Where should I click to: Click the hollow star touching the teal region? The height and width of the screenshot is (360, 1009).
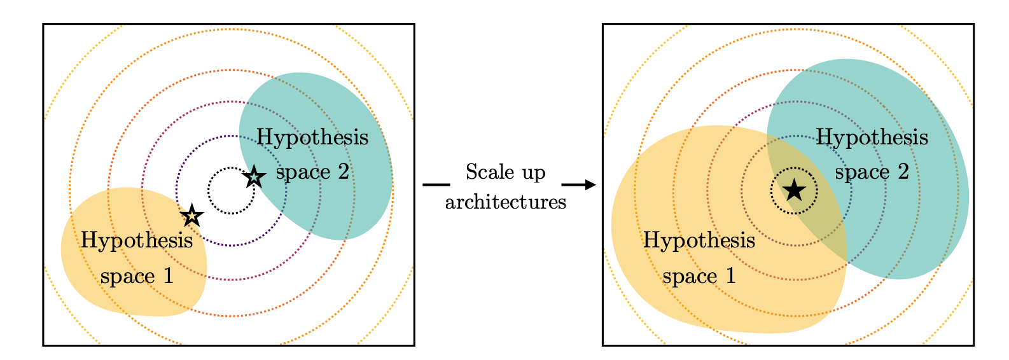pyautogui.click(x=254, y=177)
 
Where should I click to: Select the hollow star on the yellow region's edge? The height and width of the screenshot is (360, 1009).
pyautogui.click(x=191, y=216)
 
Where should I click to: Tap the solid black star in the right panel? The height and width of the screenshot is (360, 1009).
pyautogui.click(x=794, y=190)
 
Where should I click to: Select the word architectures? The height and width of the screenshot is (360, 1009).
pyautogui.click(x=506, y=202)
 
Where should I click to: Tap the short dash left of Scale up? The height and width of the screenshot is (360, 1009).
pyautogui.click(x=436, y=185)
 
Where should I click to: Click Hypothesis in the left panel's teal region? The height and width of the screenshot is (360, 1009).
pyautogui.click(x=312, y=137)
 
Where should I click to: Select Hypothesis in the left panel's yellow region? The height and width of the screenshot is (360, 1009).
pyautogui.click(x=137, y=241)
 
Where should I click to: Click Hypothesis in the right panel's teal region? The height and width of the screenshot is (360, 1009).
pyautogui.click(x=872, y=137)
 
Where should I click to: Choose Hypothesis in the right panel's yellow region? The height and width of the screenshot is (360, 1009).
pyautogui.click(x=699, y=241)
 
